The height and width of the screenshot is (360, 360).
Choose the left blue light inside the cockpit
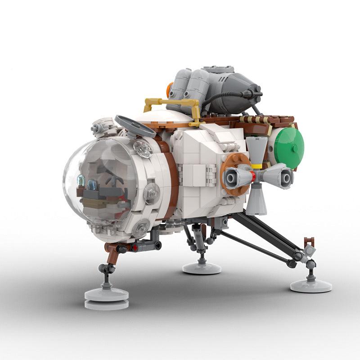coord(81,181)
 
